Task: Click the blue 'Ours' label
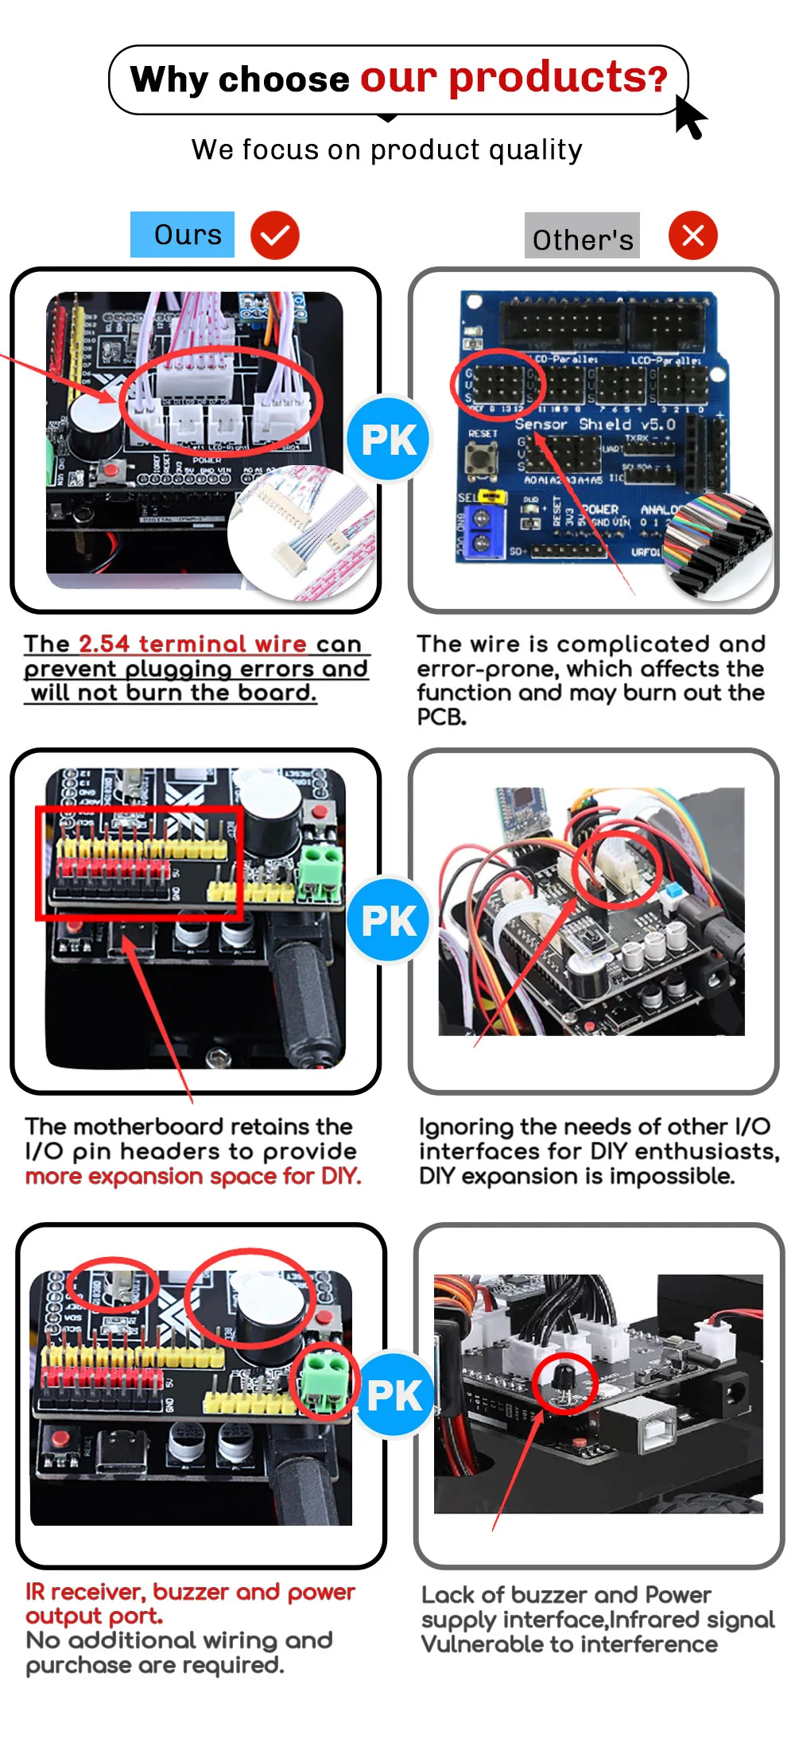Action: click(x=182, y=235)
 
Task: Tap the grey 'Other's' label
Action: click(x=582, y=236)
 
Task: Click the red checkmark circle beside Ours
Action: click(x=275, y=236)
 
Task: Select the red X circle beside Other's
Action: click(x=692, y=235)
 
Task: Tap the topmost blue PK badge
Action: click(x=388, y=439)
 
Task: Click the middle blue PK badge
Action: click(x=388, y=920)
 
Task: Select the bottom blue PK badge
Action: click(x=394, y=1395)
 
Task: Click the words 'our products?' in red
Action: click(x=514, y=78)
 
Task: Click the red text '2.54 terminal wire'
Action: click(x=192, y=643)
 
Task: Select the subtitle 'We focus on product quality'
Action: click(x=387, y=149)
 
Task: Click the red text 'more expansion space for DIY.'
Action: click(x=193, y=1176)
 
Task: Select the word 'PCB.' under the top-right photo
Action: click(x=441, y=717)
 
